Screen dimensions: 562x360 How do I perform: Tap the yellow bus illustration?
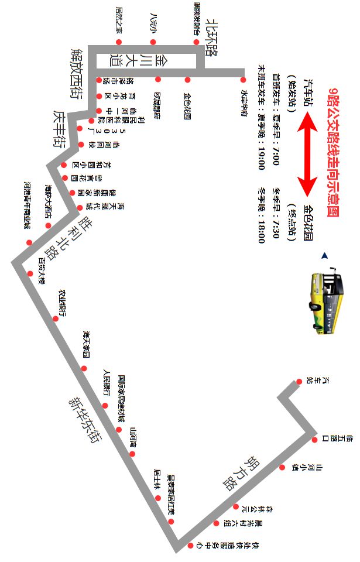[x=324, y=303]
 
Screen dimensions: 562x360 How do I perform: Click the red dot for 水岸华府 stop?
[x=243, y=79]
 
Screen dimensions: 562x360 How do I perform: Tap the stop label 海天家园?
[x=87, y=345]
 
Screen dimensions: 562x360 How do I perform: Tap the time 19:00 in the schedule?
[x=262, y=155]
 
